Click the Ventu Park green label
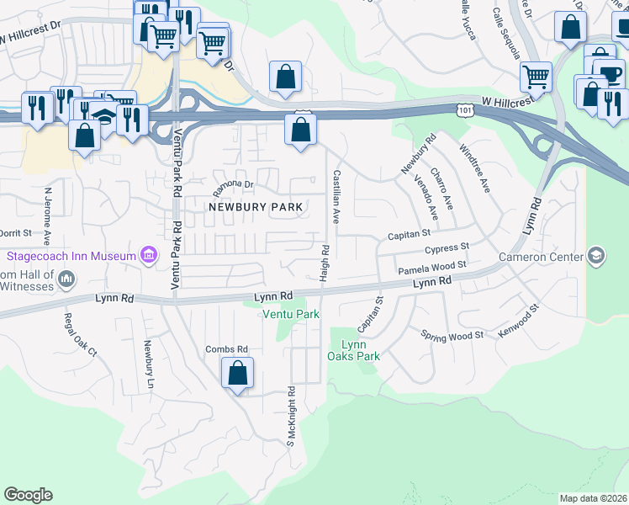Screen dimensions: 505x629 coord(291,314)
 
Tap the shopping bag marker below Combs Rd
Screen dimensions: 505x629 coord(238,372)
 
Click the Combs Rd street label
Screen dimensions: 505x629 coord(227,349)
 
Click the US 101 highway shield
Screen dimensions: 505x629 coord(465,110)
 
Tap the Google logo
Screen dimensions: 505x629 coord(28,495)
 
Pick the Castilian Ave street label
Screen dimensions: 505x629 coord(336,196)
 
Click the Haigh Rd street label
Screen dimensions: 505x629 coord(323,263)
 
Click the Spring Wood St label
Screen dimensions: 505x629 coord(452,335)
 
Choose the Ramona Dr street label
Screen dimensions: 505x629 coord(232,183)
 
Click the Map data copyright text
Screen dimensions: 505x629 coord(592,498)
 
